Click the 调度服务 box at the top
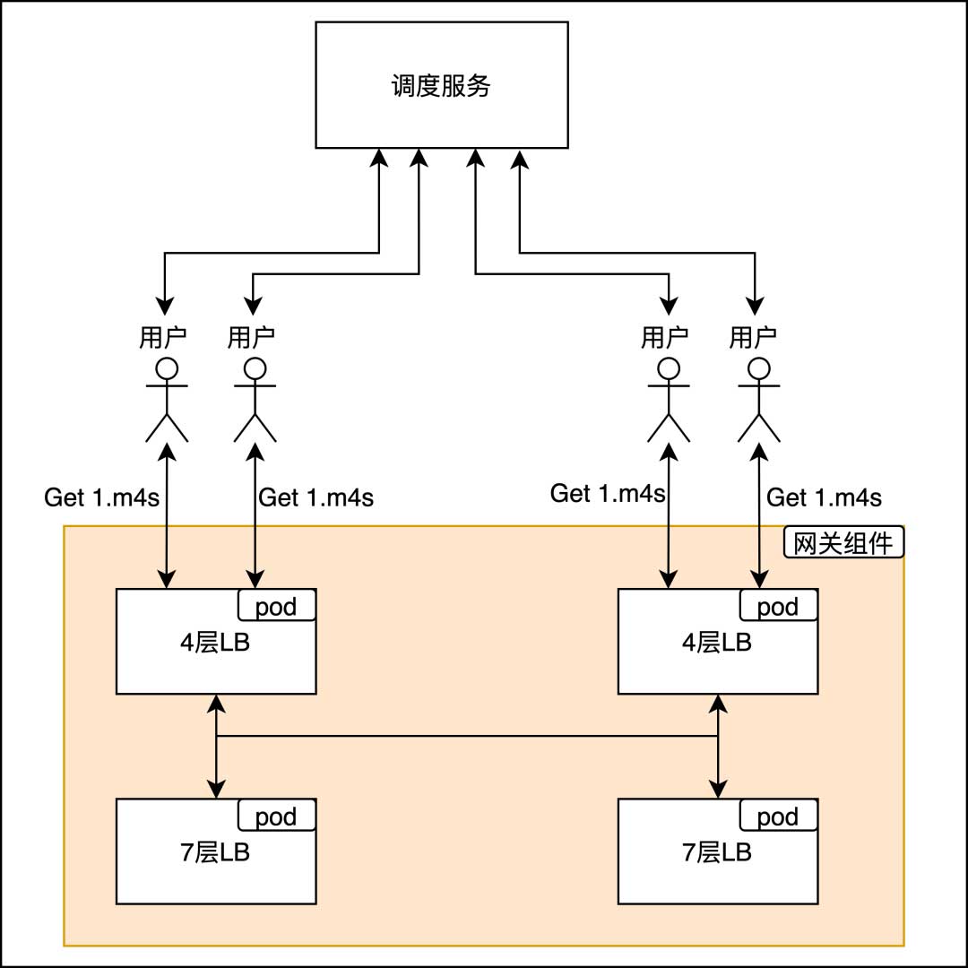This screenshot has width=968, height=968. click(441, 85)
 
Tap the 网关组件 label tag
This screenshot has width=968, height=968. click(844, 542)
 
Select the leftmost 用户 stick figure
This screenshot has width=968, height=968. click(167, 400)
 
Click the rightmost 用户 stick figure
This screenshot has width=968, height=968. click(758, 400)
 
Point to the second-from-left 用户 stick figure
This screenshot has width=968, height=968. click(255, 400)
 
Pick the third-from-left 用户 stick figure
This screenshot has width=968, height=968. click(668, 400)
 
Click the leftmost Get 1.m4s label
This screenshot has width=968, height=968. click(101, 497)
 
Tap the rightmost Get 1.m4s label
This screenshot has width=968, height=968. click(825, 497)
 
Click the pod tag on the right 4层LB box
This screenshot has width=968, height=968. click(779, 606)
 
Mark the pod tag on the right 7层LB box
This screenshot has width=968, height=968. click(779, 817)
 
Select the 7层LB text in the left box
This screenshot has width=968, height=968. click(214, 852)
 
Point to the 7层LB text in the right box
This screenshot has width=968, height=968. click(716, 852)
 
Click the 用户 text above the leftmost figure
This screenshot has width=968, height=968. click(163, 338)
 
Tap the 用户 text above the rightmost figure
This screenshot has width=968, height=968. click(753, 338)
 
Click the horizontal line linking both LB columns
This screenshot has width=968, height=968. click(466, 737)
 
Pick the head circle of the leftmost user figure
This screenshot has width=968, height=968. click(167, 368)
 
